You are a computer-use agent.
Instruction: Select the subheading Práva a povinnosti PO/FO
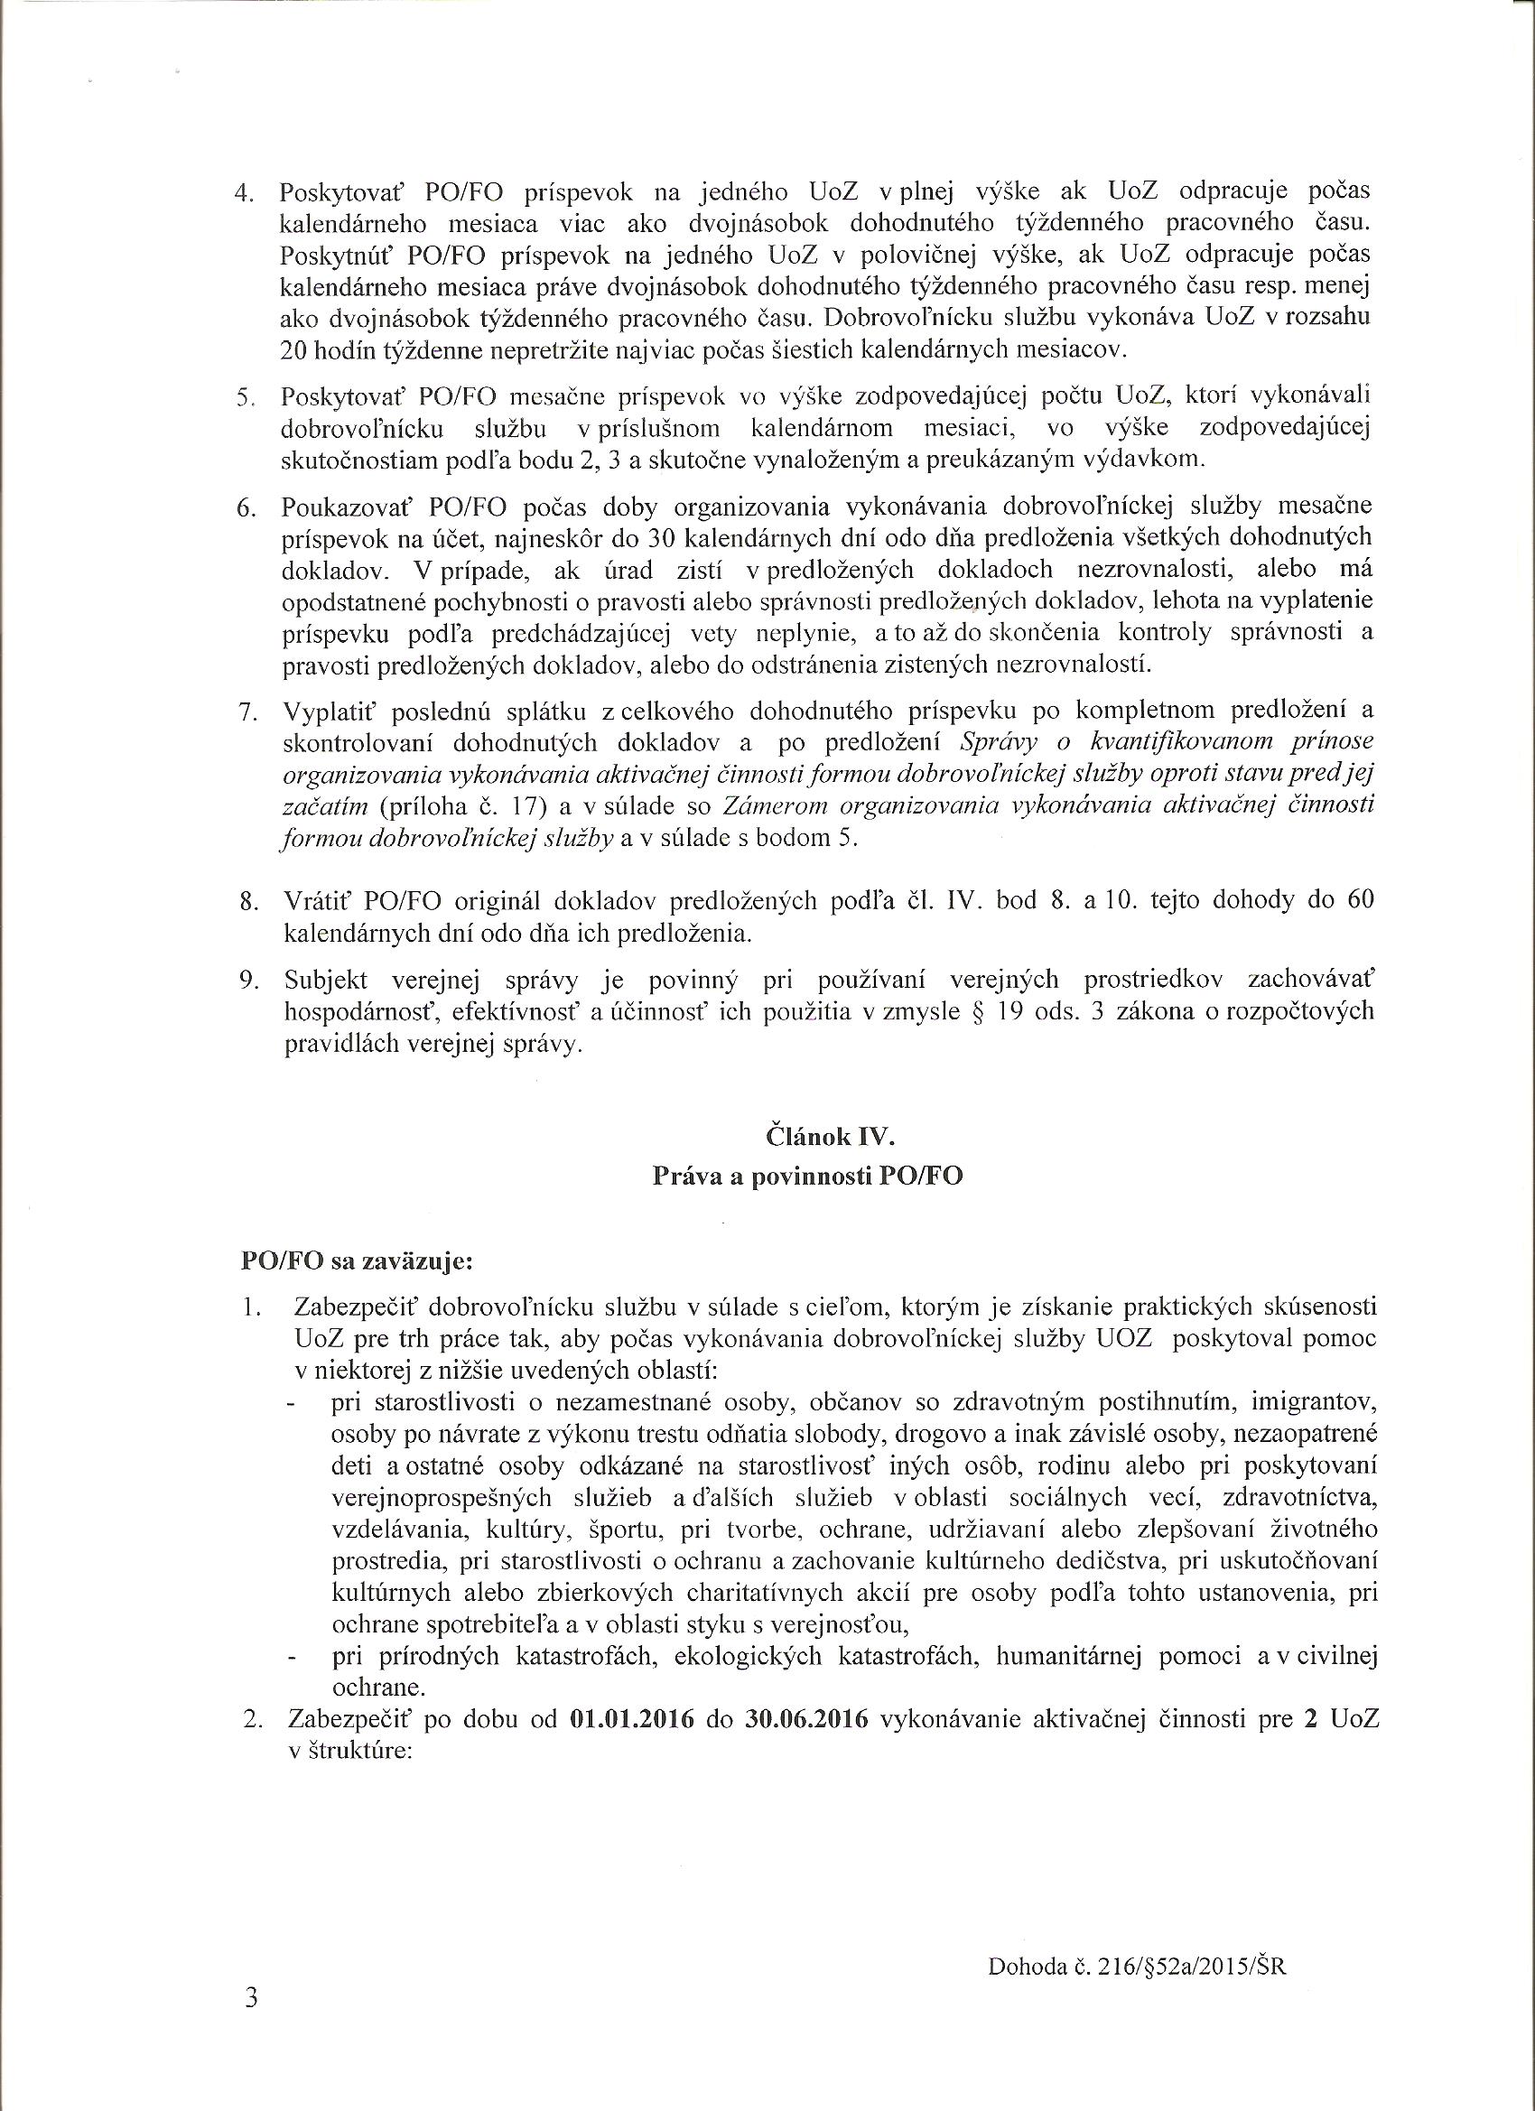[x=807, y=1176]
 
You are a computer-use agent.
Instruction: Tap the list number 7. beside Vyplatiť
[x=247, y=712]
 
